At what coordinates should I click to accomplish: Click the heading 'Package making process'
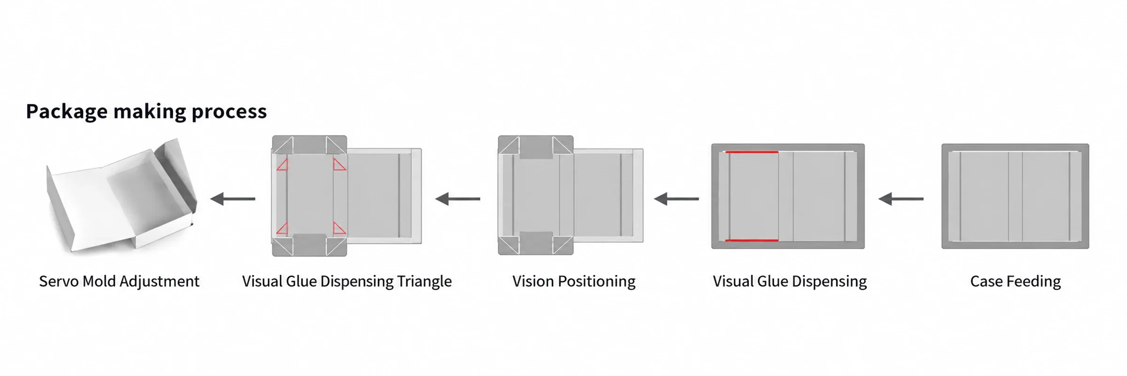tap(146, 112)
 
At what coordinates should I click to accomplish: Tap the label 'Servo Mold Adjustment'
tap(119, 282)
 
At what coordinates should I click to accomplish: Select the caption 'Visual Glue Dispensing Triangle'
tap(347, 282)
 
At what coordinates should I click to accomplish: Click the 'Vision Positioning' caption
tap(574, 282)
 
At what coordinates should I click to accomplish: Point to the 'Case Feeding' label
tap(1015, 282)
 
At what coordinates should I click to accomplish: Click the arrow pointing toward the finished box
tap(233, 199)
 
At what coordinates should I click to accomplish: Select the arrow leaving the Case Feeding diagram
tap(901, 199)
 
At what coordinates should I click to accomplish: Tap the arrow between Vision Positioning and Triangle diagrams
tap(458, 199)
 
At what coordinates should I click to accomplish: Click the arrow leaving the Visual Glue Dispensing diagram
tap(676, 199)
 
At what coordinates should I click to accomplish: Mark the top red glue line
tap(752, 152)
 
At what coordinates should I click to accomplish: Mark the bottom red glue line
tap(752, 241)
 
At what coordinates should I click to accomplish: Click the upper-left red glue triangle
tap(283, 164)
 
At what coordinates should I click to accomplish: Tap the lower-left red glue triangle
tap(283, 228)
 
